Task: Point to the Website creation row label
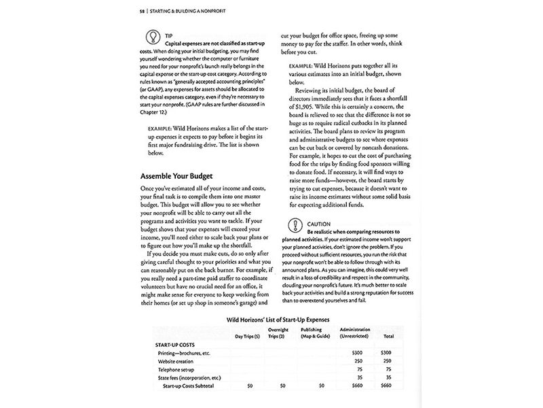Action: [x=175, y=360]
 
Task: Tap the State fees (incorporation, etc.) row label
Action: [x=189, y=378]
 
